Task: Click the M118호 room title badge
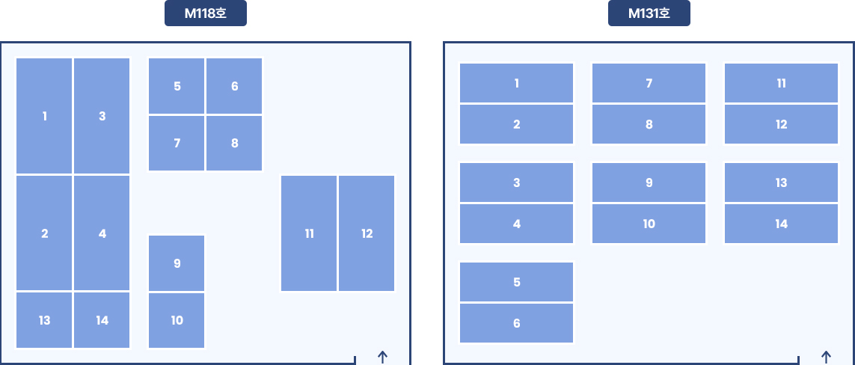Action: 206,13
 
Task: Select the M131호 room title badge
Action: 649,13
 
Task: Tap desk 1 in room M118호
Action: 44,116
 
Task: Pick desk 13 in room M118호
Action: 44,320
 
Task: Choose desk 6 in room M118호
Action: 234,86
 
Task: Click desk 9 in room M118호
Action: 177,263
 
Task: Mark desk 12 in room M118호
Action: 367,233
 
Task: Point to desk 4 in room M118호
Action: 102,233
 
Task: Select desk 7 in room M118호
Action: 177,143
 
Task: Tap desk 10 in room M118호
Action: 177,320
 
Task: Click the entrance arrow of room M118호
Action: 383,358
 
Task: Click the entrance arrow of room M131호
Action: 826,358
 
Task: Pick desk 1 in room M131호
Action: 516,83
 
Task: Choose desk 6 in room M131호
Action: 516,323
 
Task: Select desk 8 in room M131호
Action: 649,124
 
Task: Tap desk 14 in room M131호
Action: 782,224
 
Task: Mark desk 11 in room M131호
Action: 782,83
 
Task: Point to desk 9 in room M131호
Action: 649,182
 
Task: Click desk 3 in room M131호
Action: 516,182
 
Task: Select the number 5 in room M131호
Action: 517,282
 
